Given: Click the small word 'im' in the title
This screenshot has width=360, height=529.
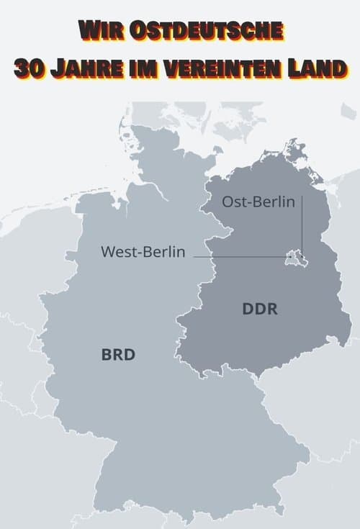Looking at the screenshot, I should [x=152, y=70].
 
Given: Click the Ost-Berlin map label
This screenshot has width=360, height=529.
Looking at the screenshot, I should [x=258, y=202].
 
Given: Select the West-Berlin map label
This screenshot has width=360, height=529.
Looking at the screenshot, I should [x=143, y=252].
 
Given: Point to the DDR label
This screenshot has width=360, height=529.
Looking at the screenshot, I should [x=260, y=310].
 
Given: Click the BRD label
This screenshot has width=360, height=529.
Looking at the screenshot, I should [x=119, y=355].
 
